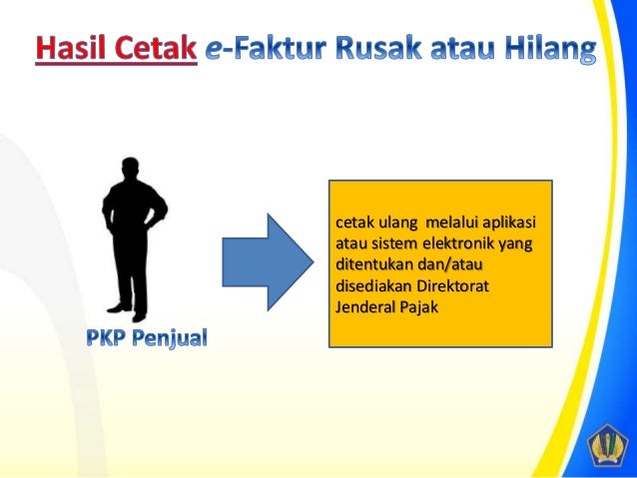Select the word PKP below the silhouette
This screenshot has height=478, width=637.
[108, 339]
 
